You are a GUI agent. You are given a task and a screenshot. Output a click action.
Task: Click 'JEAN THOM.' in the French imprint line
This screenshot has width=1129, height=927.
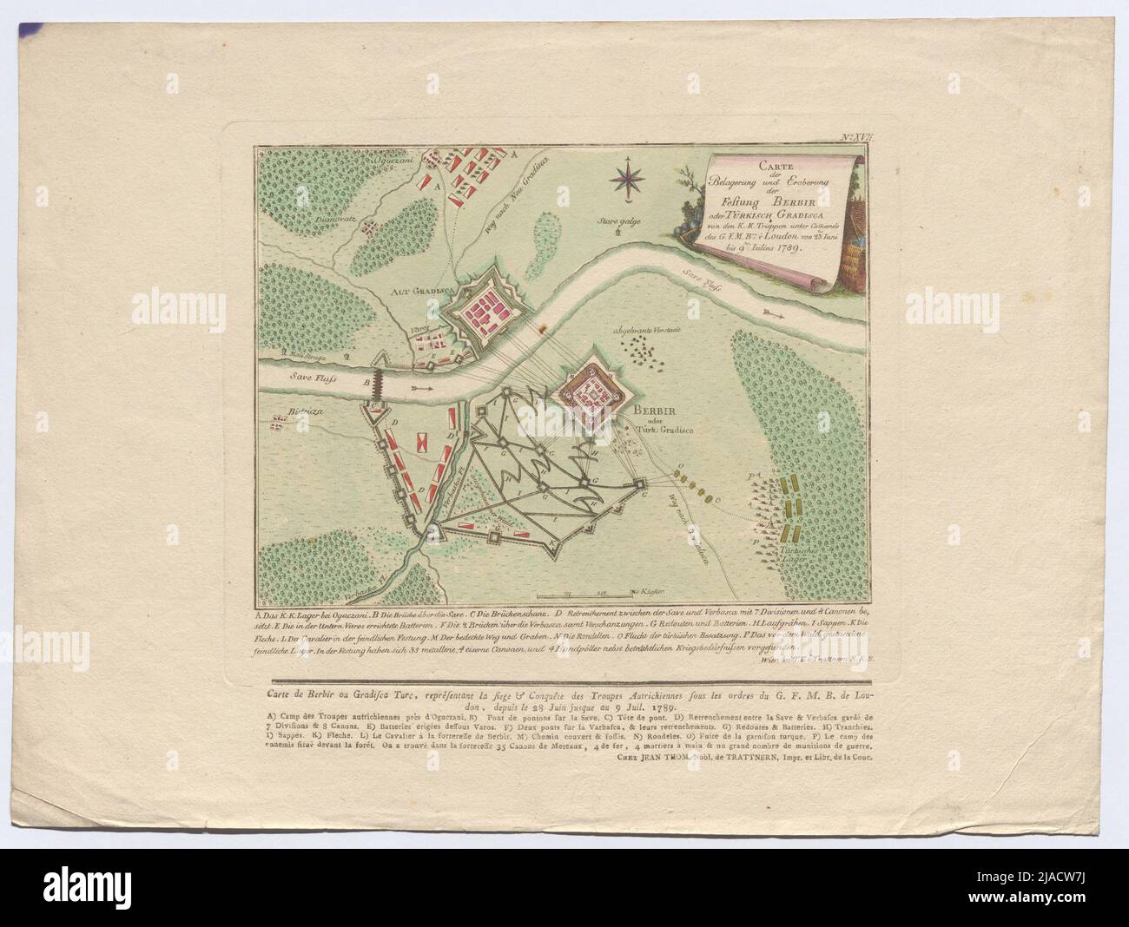(655, 755)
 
